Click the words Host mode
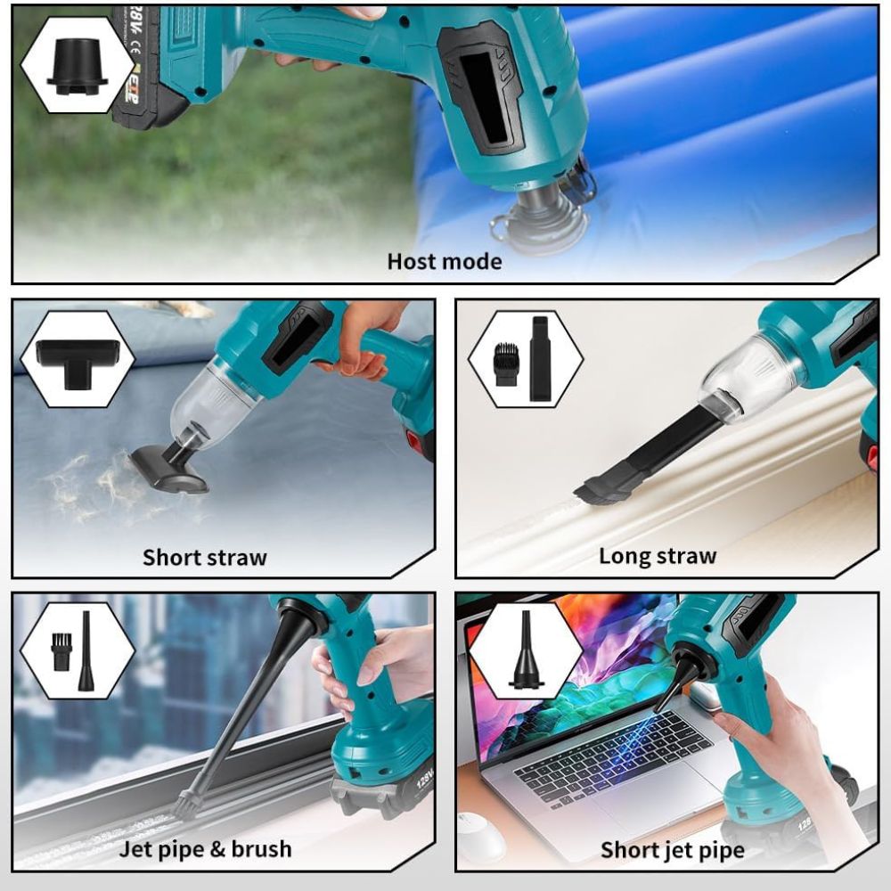445,261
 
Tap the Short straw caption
205,558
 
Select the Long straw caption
658,556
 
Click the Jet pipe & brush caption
205,849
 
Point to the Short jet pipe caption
672,850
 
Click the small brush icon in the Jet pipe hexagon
61,652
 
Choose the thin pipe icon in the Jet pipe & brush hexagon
86,651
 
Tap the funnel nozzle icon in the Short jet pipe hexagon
527,650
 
